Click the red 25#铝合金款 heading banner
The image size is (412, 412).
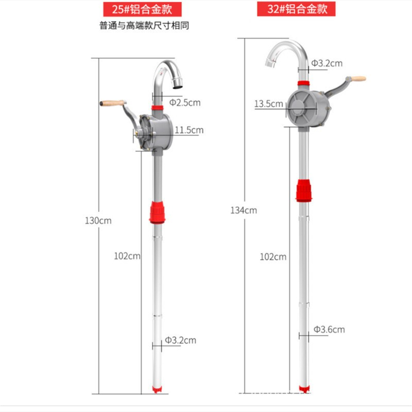(x=142, y=9)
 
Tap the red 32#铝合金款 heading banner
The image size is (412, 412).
(x=296, y=9)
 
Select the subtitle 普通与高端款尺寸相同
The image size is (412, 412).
(x=144, y=26)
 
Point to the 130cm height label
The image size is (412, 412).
(x=98, y=220)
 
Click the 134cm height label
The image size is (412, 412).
(x=244, y=210)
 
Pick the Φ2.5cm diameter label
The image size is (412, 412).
(x=185, y=102)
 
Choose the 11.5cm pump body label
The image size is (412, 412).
(x=189, y=130)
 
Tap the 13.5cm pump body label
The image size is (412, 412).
(x=268, y=104)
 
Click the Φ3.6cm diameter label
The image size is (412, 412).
(x=329, y=330)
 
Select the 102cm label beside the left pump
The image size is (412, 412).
(x=127, y=256)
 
